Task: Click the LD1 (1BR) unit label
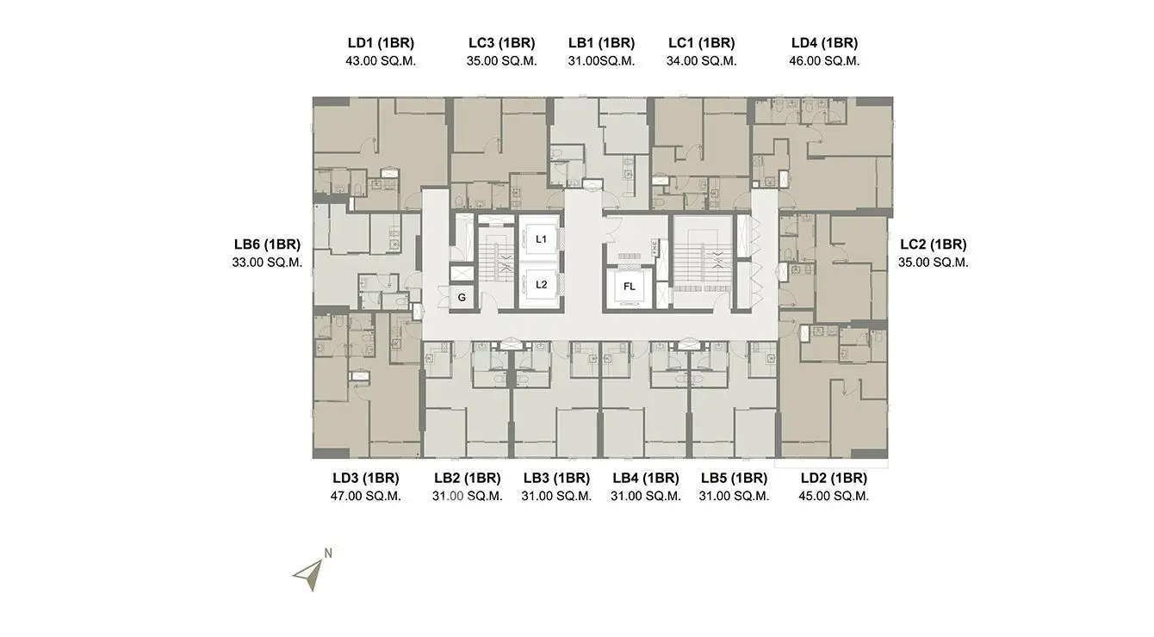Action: pyautogui.click(x=381, y=43)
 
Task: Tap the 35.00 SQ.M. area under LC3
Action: pyautogui.click(x=502, y=61)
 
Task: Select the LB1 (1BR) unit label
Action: pyautogui.click(x=602, y=43)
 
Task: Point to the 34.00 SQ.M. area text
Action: pyautogui.click(x=702, y=61)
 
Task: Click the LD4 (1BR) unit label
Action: pyautogui.click(x=825, y=43)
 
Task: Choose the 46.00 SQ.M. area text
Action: pyautogui.click(x=824, y=61)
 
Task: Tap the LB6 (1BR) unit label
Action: pyautogui.click(x=267, y=244)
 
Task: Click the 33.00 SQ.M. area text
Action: pyautogui.click(x=267, y=262)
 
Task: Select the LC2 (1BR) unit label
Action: pyautogui.click(x=934, y=244)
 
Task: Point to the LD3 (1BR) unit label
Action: pyautogui.click(x=366, y=478)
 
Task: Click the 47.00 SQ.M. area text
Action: pyautogui.click(x=366, y=496)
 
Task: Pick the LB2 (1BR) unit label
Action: pyautogui.click(x=468, y=478)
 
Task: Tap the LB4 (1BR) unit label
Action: pyautogui.click(x=646, y=478)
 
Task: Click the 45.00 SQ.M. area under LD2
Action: pyautogui.click(x=834, y=496)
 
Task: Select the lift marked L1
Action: pyautogui.click(x=541, y=239)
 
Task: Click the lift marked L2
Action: pyautogui.click(x=541, y=285)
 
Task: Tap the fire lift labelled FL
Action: pyautogui.click(x=629, y=288)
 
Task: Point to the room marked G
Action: pyautogui.click(x=462, y=298)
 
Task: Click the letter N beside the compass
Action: pyautogui.click(x=328, y=554)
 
